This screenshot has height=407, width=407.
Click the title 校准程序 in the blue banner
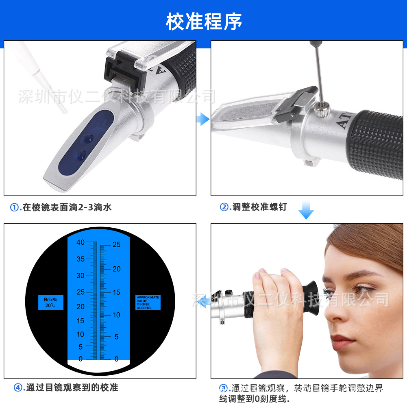click(x=203, y=21)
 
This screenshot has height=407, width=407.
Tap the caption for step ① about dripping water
click(x=61, y=207)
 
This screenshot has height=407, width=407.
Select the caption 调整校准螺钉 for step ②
click(x=254, y=207)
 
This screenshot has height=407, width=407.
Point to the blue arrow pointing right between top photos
click(x=202, y=119)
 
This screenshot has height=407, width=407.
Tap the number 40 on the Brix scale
click(x=81, y=242)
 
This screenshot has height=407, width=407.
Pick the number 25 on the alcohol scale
click(x=116, y=245)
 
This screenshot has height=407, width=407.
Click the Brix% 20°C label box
click(x=51, y=303)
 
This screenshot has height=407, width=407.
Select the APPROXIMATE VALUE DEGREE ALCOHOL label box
click(x=148, y=303)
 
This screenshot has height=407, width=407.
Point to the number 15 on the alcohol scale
click(x=116, y=292)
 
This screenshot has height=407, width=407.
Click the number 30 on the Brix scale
click(x=81, y=276)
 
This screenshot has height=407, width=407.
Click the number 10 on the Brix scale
click(x=81, y=334)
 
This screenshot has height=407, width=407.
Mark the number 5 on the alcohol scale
click(x=116, y=337)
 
